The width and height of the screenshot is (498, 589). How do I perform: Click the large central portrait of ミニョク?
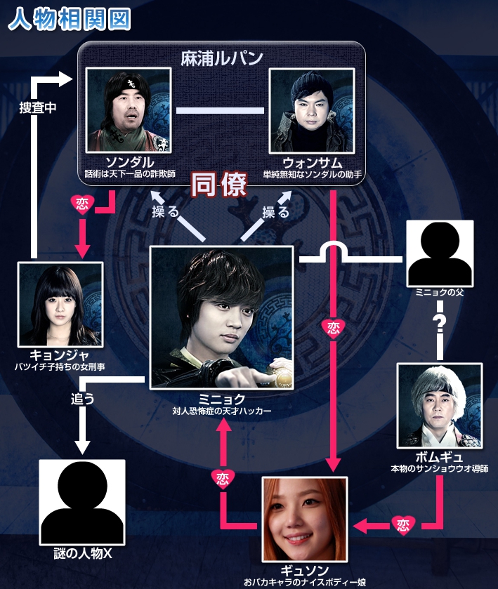tap(222, 317)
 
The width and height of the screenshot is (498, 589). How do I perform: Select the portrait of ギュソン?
tap(305, 518)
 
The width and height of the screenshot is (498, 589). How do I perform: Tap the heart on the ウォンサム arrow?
tap(331, 327)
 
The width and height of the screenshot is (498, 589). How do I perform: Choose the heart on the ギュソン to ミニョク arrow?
tap(221, 477)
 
